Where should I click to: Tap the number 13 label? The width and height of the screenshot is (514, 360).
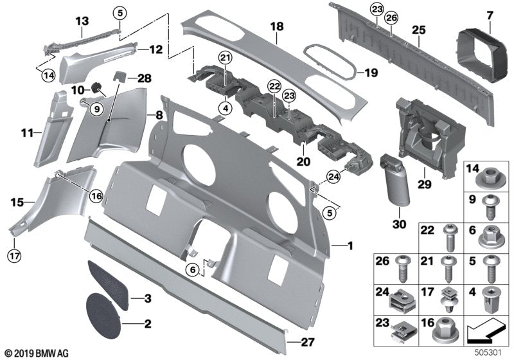[82, 21]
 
